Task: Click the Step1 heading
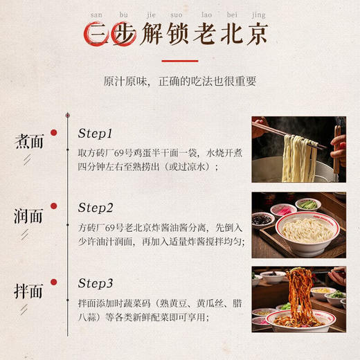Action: point(95,134)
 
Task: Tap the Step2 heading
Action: point(95,207)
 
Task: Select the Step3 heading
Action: point(95,282)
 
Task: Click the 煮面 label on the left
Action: point(29,141)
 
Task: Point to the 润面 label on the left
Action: point(29,215)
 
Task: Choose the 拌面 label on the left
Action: point(29,290)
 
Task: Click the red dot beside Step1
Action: point(53,132)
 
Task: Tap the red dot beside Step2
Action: point(53,206)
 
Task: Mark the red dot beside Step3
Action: point(53,281)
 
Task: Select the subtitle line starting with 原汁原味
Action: point(179,81)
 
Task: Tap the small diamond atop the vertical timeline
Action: point(67,115)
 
